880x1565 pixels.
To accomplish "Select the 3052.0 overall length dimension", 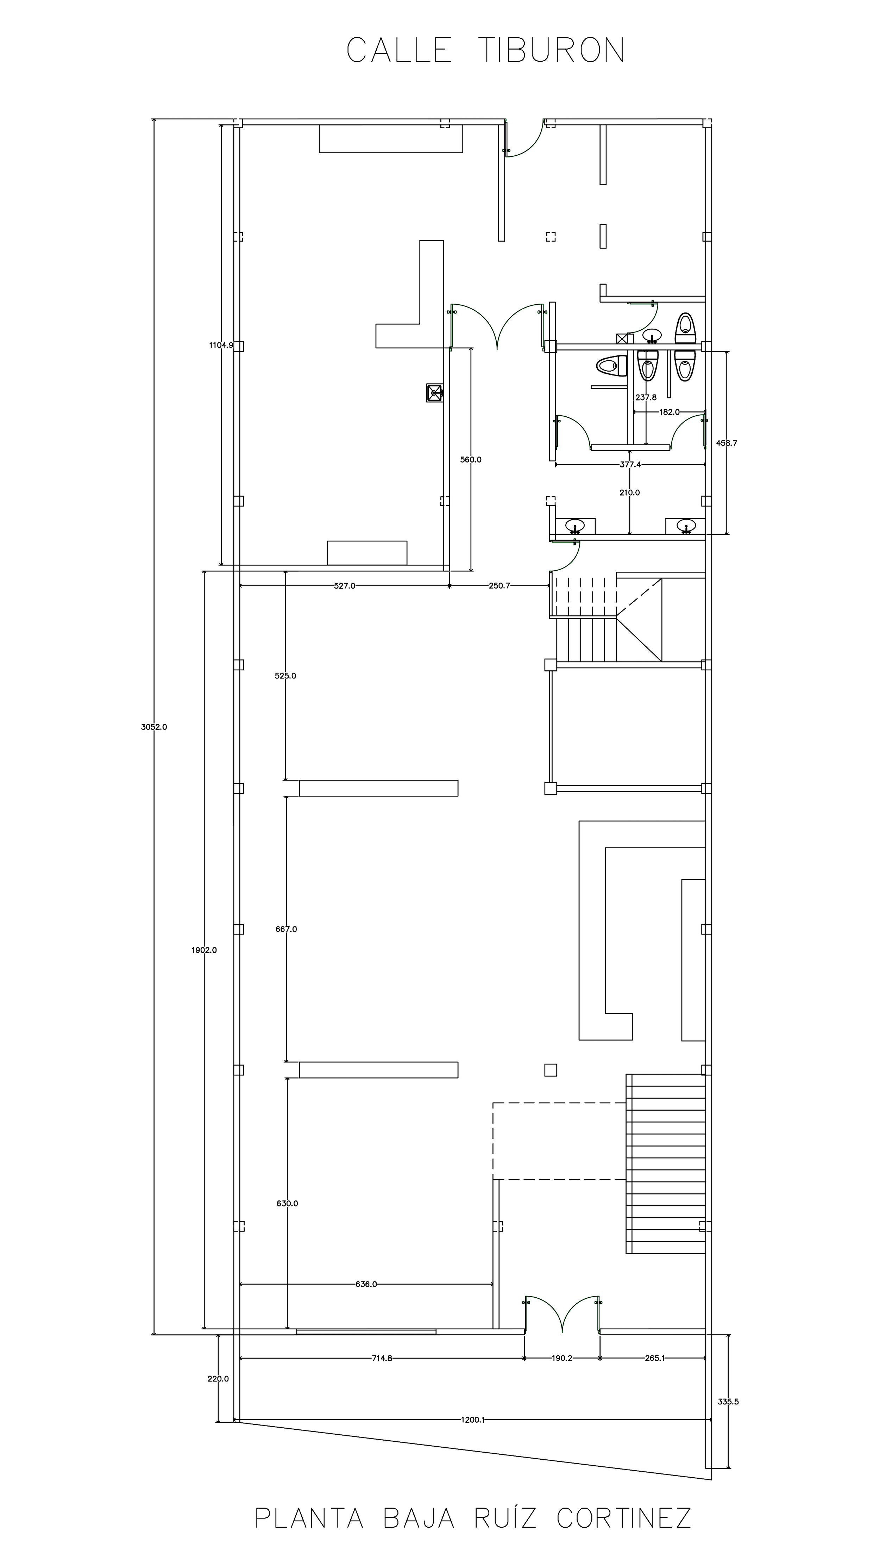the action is pos(154,727).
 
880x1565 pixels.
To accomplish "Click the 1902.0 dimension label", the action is pos(204,950).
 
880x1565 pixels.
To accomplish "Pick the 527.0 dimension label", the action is pos(344,586).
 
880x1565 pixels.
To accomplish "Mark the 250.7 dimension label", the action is pos(499,586).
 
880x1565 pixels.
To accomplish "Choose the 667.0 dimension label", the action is pos(286,929).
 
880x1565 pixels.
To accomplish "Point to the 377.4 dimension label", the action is pos(630,464).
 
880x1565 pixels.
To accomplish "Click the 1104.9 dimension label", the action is pos(221,345).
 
